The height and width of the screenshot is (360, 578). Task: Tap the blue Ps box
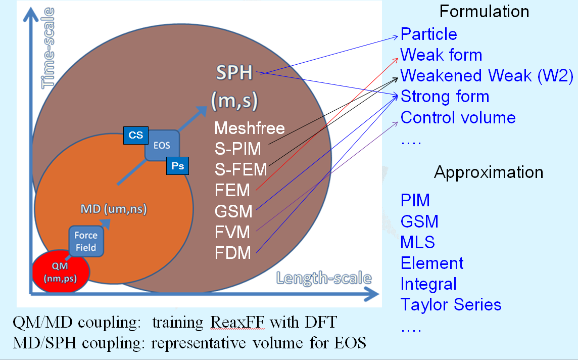point(177,166)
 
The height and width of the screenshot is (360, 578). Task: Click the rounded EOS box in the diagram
point(162,146)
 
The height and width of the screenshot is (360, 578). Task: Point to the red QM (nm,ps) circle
point(61,272)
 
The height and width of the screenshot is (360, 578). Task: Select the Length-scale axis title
point(324,278)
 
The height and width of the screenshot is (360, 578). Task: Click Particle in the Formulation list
point(428,34)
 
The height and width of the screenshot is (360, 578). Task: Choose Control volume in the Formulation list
point(458,118)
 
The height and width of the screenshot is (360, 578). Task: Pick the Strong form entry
point(445,97)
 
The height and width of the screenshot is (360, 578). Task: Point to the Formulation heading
point(484,12)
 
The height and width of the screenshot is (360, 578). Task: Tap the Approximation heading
point(489,172)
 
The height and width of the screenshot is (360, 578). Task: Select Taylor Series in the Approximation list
point(451,305)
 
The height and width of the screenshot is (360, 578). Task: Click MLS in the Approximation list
point(417,242)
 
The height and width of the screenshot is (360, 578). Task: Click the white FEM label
point(232,190)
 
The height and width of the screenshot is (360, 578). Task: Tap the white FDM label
point(232,252)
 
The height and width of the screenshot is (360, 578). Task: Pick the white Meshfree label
point(250,128)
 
